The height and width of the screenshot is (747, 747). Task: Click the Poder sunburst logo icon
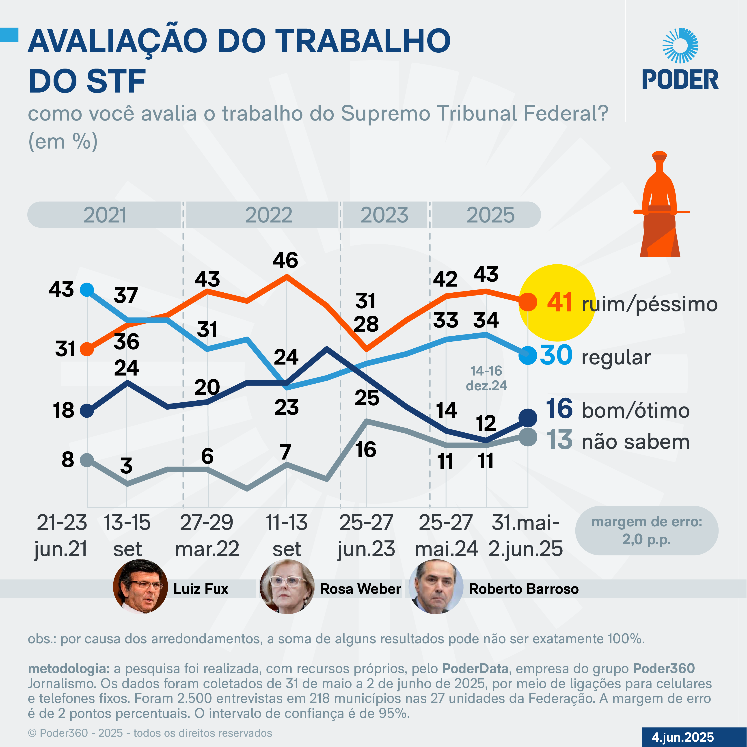click(680, 46)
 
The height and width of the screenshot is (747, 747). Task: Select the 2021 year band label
click(105, 215)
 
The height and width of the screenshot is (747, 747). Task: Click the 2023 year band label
click(384, 215)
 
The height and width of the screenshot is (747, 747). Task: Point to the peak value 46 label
click(285, 260)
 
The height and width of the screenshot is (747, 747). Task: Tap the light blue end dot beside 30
click(527, 355)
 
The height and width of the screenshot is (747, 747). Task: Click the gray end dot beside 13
click(527, 437)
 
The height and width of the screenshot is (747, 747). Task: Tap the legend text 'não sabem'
click(636, 442)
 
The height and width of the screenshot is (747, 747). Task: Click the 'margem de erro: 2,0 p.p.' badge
click(646, 531)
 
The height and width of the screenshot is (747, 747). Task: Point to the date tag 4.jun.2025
click(683, 737)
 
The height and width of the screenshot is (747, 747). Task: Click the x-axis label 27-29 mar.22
click(207, 535)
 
